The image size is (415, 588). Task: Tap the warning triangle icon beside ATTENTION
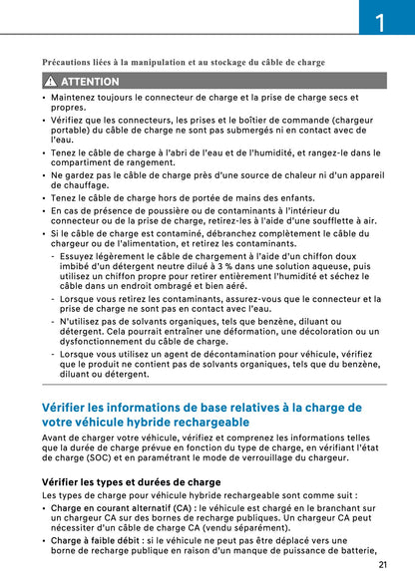point(49,81)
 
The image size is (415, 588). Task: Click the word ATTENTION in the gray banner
point(90,81)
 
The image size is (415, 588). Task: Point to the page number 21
point(383,564)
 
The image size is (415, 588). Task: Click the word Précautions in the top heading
point(71,62)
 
